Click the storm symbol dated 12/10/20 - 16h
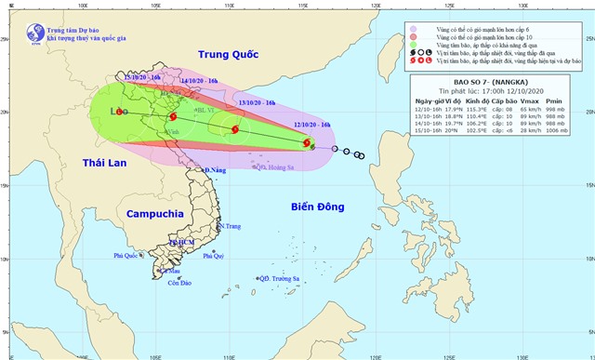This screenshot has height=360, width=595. coord(307,143)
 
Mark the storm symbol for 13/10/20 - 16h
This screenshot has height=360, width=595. coord(235,130)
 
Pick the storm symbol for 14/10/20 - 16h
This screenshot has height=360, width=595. coord(173,118)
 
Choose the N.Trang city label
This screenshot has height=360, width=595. coord(230,226)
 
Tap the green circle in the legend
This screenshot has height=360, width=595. coord(414,43)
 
